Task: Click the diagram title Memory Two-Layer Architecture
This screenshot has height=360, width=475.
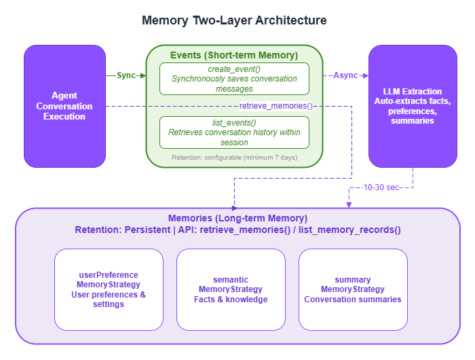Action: pos(234,20)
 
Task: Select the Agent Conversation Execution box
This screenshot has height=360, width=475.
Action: pos(64,106)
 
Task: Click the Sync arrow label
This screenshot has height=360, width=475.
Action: pos(126,75)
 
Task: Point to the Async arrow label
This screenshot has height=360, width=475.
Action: pos(345,75)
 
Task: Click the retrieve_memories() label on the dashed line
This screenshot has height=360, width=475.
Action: pos(275,106)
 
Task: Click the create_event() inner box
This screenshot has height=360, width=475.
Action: pos(234,79)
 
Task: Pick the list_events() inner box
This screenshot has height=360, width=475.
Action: pos(234,132)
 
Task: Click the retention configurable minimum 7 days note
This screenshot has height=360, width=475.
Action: pos(234,158)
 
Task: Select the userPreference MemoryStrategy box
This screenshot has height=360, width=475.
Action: pos(109,289)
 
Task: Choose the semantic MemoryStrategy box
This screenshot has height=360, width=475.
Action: pos(231,289)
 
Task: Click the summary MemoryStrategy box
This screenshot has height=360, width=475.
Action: pos(353,289)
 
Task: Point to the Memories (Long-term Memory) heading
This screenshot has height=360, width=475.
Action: pos(237,219)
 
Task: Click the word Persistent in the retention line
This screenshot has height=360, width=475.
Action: pos(148,230)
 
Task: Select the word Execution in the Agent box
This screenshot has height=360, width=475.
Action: pos(64,116)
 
